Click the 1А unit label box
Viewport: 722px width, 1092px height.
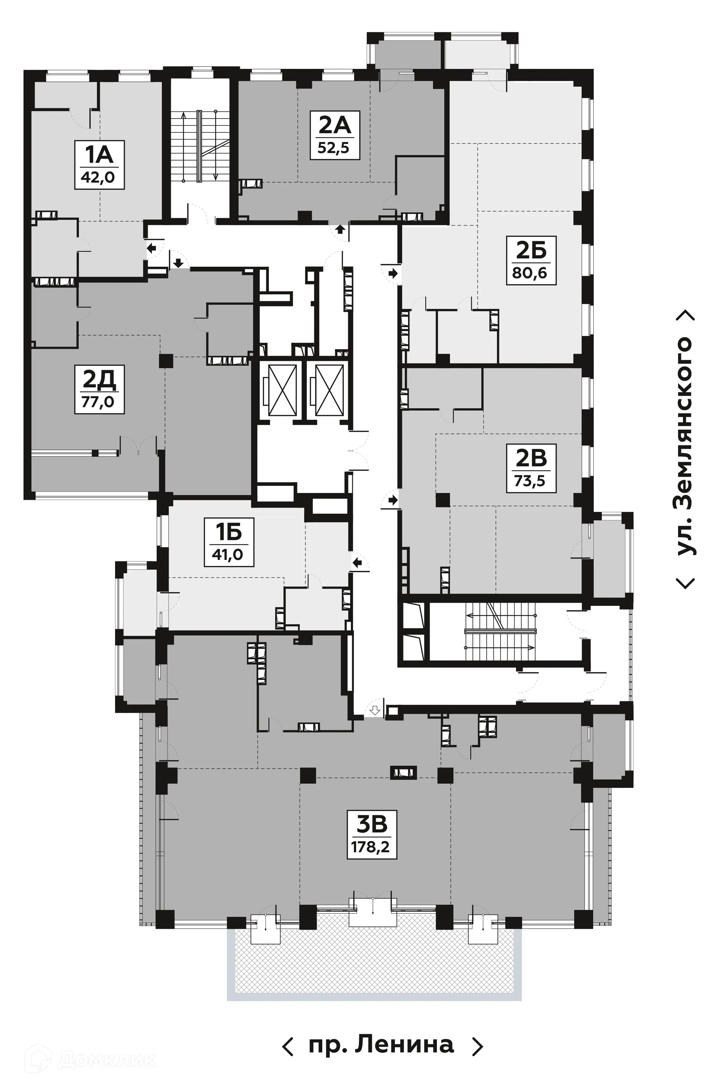pyautogui.click(x=99, y=164)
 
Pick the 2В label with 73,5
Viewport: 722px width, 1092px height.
pyautogui.click(x=531, y=468)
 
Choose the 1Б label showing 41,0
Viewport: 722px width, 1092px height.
pyautogui.click(x=229, y=542)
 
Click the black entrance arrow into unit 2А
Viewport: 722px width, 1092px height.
pyautogui.click(x=341, y=229)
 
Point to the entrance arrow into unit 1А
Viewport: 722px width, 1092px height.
pyautogui.click(x=152, y=249)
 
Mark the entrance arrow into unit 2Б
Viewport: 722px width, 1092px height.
pyautogui.click(x=393, y=273)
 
